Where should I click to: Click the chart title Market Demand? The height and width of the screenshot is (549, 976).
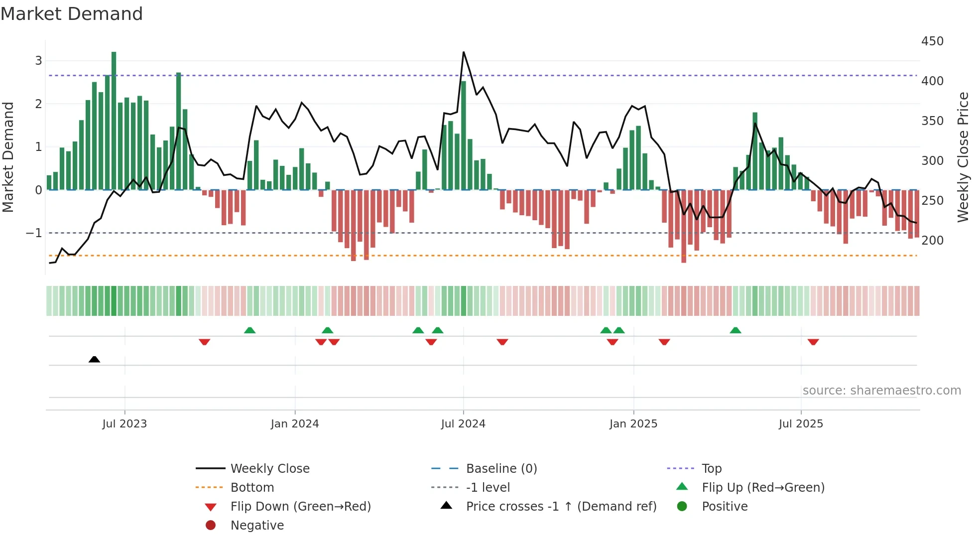(x=72, y=14)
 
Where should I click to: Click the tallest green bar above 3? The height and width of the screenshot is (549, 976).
(x=114, y=120)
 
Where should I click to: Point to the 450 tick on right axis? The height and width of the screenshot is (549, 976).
(x=932, y=41)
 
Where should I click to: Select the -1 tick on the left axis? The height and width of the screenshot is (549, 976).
(x=34, y=233)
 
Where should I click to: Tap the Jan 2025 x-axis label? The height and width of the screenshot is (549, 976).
(x=633, y=424)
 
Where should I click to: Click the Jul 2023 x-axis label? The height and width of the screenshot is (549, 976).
(x=124, y=424)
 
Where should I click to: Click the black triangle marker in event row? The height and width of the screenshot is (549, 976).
(x=94, y=359)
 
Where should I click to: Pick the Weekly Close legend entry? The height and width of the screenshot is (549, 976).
(x=269, y=468)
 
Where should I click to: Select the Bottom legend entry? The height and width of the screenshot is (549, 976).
(x=252, y=487)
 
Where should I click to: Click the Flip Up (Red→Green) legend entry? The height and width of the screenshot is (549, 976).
(x=763, y=487)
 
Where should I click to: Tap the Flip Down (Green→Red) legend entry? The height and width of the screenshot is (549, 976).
(x=300, y=506)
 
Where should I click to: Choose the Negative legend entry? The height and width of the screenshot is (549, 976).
(x=257, y=525)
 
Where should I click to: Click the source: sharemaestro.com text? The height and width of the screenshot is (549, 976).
(x=881, y=391)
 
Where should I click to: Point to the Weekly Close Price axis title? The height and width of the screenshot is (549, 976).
(x=963, y=157)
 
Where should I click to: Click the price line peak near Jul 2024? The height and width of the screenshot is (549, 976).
(x=464, y=52)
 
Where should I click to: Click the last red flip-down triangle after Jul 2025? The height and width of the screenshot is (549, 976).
(x=813, y=342)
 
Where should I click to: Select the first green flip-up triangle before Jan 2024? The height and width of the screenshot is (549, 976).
(x=250, y=330)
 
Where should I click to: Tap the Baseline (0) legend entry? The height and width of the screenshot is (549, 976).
(x=501, y=468)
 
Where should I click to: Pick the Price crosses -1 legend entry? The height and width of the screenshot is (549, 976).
(x=561, y=506)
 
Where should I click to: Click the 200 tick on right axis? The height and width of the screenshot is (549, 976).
(x=932, y=240)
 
